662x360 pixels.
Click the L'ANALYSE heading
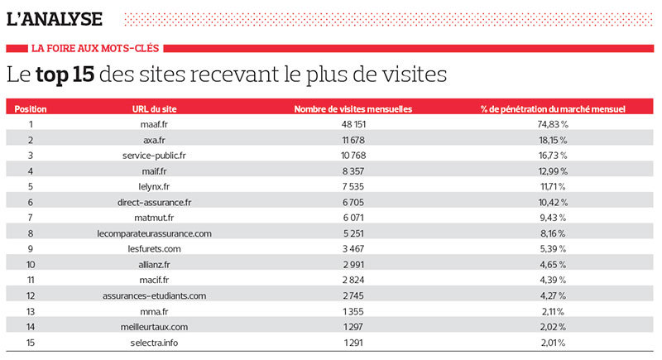[x=55, y=17]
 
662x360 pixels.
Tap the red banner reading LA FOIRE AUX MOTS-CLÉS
[x=95, y=48]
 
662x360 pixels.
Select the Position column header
[x=31, y=109]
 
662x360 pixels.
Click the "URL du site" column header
[x=154, y=109]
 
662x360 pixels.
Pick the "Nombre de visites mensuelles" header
[x=353, y=109]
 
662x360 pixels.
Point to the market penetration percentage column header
[x=552, y=109]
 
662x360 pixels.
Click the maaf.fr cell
[x=154, y=125]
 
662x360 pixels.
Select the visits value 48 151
[x=353, y=125]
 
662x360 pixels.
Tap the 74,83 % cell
[x=553, y=125]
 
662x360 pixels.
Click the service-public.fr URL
[x=154, y=156]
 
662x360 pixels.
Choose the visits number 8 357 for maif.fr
[x=353, y=171]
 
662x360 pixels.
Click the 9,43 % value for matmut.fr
[x=553, y=218]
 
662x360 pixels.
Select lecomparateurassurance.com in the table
[x=154, y=233]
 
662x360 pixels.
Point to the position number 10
[x=31, y=264]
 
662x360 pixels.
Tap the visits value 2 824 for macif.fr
[x=353, y=280]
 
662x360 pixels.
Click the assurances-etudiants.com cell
[x=154, y=295]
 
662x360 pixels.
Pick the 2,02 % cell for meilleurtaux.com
[x=553, y=327]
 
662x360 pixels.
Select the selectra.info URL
[x=154, y=342]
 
